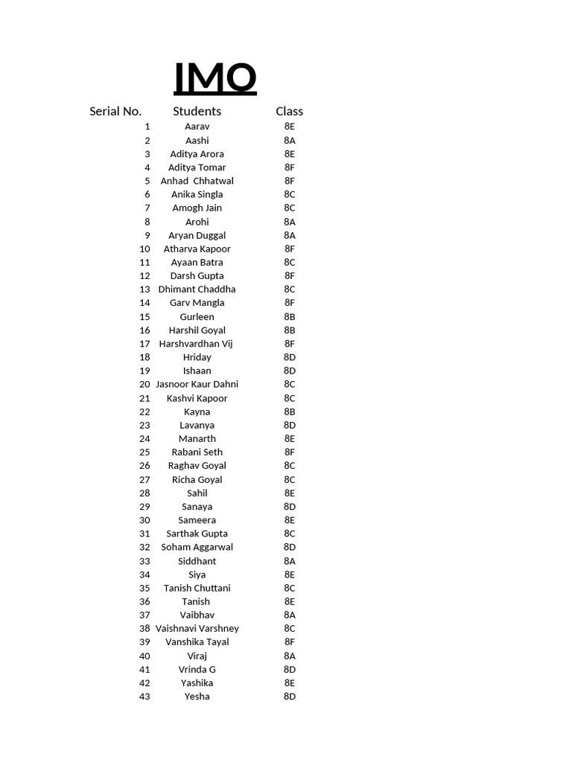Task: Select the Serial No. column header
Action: coord(115,112)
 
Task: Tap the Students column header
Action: coord(197,112)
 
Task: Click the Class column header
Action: coord(289,112)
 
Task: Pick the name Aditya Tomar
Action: coord(197,167)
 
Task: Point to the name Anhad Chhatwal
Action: coord(197,181)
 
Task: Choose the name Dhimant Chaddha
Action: coord(197,289)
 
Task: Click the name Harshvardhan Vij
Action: coord(197,344)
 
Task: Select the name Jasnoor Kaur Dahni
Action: coord(197,384)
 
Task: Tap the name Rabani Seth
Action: coord(197,452)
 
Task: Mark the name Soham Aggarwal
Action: coord(197,547)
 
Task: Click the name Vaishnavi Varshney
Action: coord(197,628)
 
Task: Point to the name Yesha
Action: coord(197,697)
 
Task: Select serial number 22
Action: coord(144,412)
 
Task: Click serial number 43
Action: coord(144,697)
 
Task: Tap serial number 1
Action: coord(147,127)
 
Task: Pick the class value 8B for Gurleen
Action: coord(290,316)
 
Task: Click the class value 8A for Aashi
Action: coord(290,141)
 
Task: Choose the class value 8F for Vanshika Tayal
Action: coord(290,641)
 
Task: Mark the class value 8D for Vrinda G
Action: coord(290,669)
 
